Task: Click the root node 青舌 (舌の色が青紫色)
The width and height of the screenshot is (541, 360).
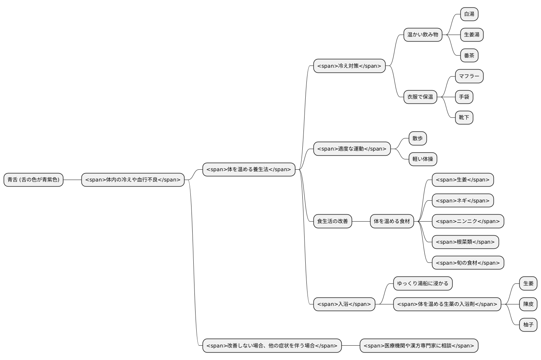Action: click(34, 180)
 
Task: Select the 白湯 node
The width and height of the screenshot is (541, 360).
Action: click(469, 14)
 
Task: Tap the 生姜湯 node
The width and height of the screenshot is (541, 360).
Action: click(472, 35)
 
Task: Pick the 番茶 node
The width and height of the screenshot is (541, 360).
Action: click(469, 56)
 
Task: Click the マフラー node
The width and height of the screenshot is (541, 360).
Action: click(469, 76)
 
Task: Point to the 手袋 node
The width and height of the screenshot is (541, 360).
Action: click(464, 97)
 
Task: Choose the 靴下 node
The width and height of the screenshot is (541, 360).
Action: click(464, 117)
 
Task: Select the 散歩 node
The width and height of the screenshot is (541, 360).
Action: click(418, 138)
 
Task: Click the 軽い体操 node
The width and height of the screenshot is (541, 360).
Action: click(423, 159)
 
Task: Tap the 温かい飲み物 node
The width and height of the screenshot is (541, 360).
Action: click(423, 35)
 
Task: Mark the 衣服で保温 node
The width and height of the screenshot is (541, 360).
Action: click(420, 97)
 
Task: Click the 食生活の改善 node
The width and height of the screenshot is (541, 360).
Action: click(333, 221)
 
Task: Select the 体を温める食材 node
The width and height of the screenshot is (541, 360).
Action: click(392, 221)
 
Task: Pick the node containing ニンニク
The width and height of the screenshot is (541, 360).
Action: click(468, 221)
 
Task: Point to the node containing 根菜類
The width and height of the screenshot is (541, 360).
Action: click(465, 242)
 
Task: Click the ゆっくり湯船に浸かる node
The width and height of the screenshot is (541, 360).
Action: click(423, 283)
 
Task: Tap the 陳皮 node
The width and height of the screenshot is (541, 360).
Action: click(528, 304)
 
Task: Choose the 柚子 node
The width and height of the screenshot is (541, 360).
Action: click(528, 325)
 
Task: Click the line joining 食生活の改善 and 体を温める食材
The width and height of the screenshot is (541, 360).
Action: click(361, 221)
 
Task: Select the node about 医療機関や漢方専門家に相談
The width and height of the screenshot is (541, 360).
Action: click(419, 346)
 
